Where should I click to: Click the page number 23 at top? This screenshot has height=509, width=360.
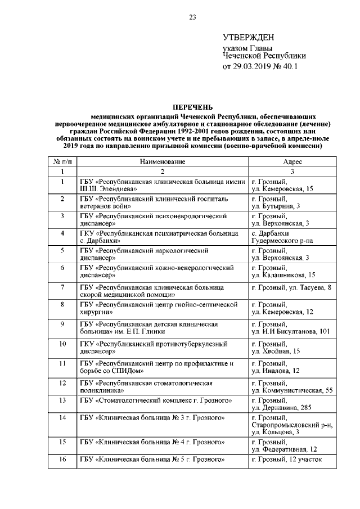(x=192, y=17)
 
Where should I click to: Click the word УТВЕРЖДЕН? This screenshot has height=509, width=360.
(x=249, y=38)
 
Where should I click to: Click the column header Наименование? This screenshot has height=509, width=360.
(x=163, y=161)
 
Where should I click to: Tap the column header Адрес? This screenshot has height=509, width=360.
(x=292, y=161)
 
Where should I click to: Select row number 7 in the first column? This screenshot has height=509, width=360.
(x=62, y=287)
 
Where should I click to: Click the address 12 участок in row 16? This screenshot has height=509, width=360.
(x=306, y=460)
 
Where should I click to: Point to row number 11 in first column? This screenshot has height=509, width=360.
(x=62, y=363)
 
